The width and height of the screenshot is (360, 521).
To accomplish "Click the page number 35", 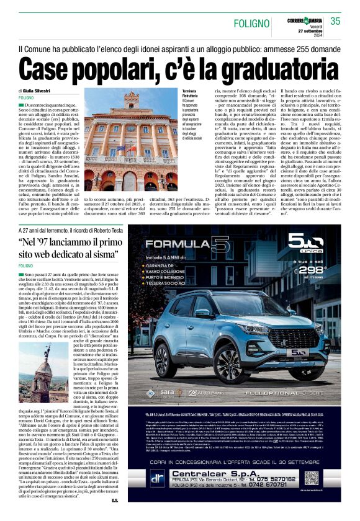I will point(335,21).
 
